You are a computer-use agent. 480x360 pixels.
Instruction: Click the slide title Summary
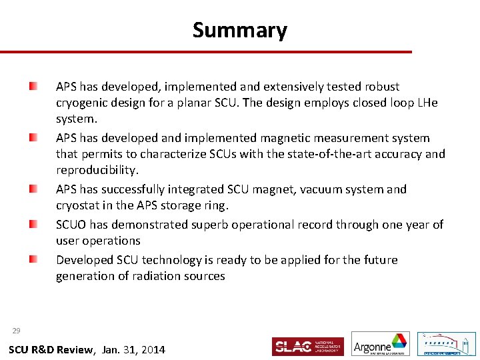[x=240, y=30]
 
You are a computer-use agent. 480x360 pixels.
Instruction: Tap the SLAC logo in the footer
[x=307, y=346]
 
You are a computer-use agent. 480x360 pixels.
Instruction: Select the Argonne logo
[x=381, y=344]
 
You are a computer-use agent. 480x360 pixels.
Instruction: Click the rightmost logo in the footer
[x=446, y=344]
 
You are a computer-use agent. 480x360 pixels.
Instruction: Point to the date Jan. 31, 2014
[x=134, y=350]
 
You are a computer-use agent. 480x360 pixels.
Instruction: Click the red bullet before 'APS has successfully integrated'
[x=33, y=189]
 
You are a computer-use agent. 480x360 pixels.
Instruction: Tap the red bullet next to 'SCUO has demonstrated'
[x=33, y=225]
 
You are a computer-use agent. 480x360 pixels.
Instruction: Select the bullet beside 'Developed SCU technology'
[x=33, y=260]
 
